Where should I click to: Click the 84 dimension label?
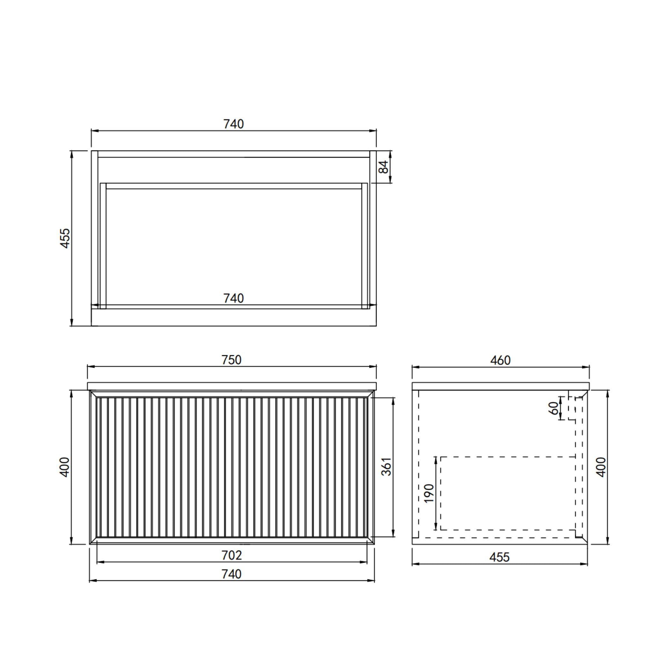[383, 167]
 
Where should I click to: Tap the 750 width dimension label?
[231, 360]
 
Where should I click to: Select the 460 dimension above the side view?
[500, 360]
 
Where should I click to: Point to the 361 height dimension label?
[386, 466]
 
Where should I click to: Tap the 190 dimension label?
[429, 493]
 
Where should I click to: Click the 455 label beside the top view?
[65, 238]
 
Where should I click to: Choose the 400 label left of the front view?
[64, 467]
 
